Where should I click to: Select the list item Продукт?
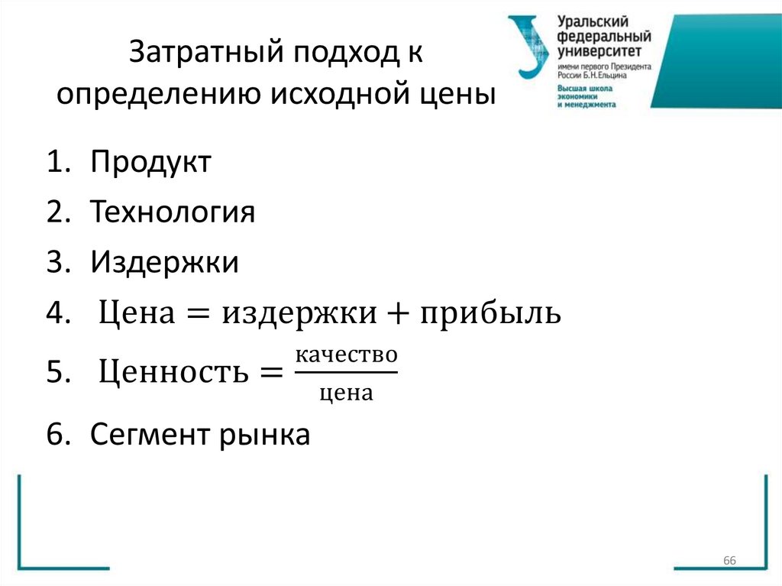click(150, 162)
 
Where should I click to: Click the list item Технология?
click(173, 212)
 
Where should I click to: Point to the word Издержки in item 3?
click(165, 263)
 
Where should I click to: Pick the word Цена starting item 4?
click(136, 314)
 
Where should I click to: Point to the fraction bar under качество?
click(346, 373)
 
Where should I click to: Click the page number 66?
click(729, 562)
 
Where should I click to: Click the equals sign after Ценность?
click(266, 374)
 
